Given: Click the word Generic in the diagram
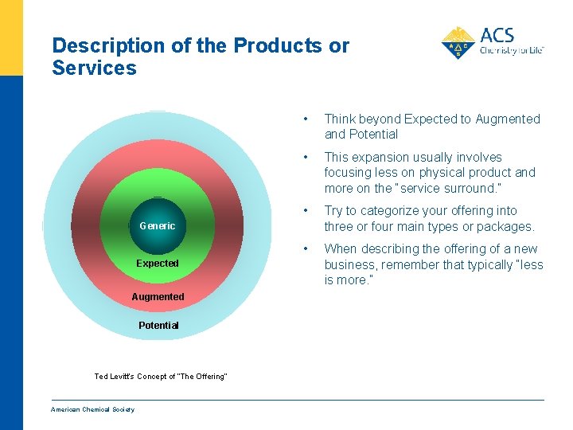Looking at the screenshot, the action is [157, 226].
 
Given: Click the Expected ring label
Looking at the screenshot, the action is [157, 264].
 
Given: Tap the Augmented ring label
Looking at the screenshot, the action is [158, 297].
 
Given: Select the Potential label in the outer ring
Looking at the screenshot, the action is [158, 326].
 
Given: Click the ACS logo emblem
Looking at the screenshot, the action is [458, 43].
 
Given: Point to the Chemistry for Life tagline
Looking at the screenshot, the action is [512, 50].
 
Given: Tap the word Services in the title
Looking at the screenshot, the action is [94, 68].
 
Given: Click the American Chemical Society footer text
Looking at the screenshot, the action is [92, 410].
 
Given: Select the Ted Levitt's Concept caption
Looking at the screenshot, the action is [161, 376].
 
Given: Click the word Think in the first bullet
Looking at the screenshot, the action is [341, 119].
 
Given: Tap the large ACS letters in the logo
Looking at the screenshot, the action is [497, 35].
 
